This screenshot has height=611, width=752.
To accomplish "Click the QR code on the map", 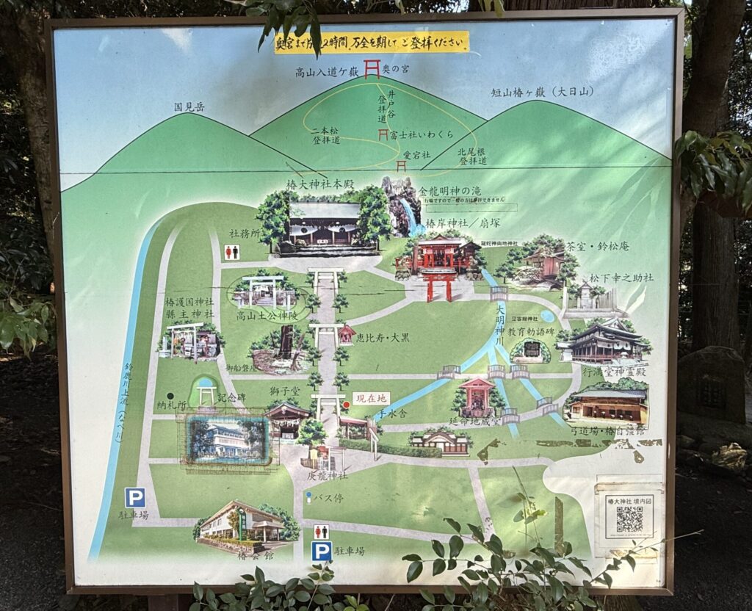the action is point(629,519).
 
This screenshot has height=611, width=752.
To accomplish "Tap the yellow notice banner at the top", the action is point(372,43).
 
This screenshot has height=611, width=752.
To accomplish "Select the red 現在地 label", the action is point(371,398).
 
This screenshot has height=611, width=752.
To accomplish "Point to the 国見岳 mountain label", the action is point(189,107).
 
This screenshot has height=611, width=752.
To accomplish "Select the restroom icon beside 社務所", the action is point(231,252).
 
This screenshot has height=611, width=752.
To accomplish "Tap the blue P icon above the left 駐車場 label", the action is point(134,498).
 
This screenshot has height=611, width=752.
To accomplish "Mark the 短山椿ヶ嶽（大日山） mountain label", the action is point(543,92).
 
